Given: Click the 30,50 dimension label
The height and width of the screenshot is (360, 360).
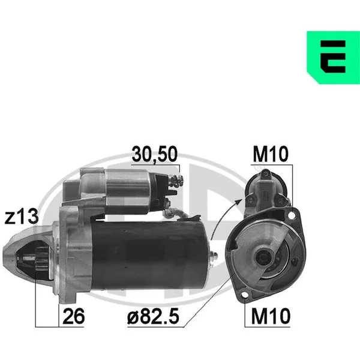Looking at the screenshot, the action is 155,154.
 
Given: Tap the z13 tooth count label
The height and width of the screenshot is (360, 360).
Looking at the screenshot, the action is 22,217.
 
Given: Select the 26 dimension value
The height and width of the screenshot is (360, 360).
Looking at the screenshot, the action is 73,316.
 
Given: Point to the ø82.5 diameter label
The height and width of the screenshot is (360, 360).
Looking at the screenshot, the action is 153,316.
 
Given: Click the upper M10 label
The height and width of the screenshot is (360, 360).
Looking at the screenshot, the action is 270,154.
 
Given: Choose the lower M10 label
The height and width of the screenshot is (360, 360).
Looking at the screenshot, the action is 271,316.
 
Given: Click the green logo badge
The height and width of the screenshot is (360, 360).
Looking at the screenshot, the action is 333,58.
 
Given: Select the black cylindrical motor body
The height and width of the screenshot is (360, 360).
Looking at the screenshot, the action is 149,255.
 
